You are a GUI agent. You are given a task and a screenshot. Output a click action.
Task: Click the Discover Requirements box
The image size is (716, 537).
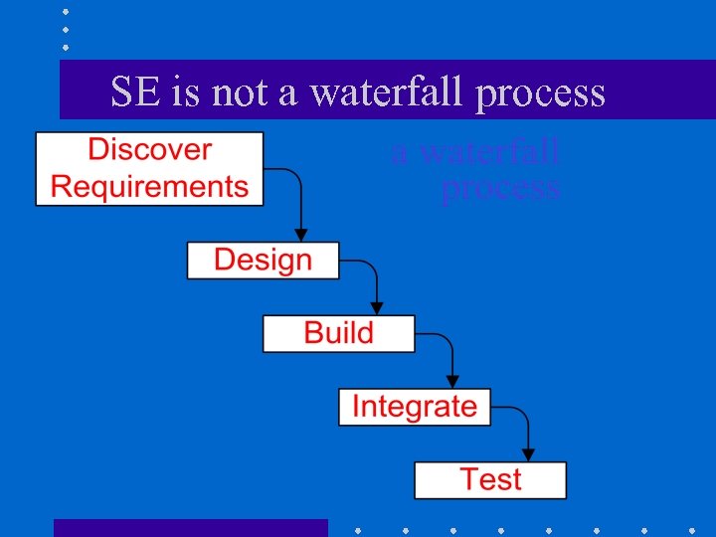(x=149, y=169)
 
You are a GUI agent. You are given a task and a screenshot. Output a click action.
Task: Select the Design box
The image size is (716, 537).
(x=263, y=261)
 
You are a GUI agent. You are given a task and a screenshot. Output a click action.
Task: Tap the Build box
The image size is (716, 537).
(x=338, y=333)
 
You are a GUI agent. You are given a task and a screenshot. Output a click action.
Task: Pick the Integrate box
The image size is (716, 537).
(x=414, y=407)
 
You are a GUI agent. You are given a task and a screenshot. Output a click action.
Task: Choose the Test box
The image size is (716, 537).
(x=490, y=480)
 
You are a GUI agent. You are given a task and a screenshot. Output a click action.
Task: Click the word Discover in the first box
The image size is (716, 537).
(x=149, y=150)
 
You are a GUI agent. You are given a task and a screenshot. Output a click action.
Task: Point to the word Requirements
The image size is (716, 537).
(x=149, y=187)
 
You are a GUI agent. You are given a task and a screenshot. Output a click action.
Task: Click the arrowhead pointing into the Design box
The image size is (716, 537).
(x=301, y=235)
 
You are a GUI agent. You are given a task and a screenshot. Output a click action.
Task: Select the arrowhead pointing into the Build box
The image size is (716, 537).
(x=377, y=308)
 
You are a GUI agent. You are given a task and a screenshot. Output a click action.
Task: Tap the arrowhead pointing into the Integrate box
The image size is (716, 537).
(x=452, y=381)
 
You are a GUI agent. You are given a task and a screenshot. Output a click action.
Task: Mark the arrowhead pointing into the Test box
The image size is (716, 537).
(x=528, y=454)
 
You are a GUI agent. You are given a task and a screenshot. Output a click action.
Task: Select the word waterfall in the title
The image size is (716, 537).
(x=388, y=91)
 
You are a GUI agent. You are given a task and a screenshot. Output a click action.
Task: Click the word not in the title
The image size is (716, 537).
(x=240, y=91)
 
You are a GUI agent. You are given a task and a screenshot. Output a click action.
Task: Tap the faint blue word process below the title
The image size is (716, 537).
(x=500, y=188)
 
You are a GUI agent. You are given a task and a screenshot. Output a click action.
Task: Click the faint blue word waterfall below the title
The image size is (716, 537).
(x=489, y=153)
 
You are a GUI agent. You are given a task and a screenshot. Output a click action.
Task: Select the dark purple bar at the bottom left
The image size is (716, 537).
(x=190, y=528)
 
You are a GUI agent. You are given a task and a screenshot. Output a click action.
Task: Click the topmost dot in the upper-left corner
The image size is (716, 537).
(x=66, y=12)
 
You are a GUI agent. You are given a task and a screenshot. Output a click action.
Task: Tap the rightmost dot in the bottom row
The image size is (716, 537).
(x=693, y=529)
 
